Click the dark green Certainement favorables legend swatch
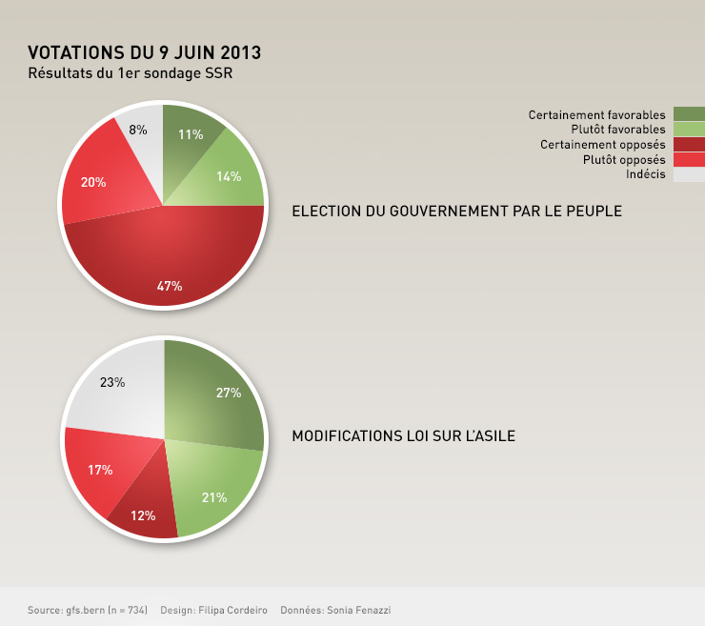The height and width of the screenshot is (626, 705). [689, 114]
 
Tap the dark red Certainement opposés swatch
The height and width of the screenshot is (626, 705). [689, 144]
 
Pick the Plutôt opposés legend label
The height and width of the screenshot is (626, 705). [623, 159]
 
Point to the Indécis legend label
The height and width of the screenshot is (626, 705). [645, 173]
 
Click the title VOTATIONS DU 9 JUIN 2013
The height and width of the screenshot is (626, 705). [144, 51]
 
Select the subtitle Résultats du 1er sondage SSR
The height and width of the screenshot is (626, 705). [131, 72]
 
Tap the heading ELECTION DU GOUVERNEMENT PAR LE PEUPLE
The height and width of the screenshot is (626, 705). [456, 211]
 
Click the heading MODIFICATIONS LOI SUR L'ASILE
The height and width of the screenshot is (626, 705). [403, 436]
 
